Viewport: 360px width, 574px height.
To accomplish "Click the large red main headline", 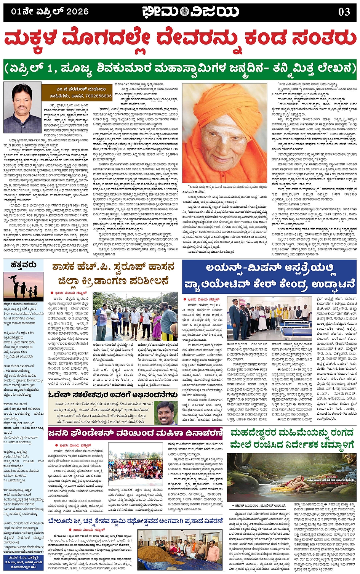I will tap(180, 40).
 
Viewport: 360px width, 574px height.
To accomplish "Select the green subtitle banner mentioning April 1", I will tap(180, 69).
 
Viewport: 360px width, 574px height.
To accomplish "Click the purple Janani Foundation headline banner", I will tap(136, 433).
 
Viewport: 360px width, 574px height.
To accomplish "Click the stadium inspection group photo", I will tap(135, 316).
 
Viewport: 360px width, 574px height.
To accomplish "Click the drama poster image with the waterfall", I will tap(292, 477).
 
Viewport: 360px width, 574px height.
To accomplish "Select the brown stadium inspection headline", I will tap(113, 274).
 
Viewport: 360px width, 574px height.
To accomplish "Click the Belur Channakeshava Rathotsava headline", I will tap(135, 522).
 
